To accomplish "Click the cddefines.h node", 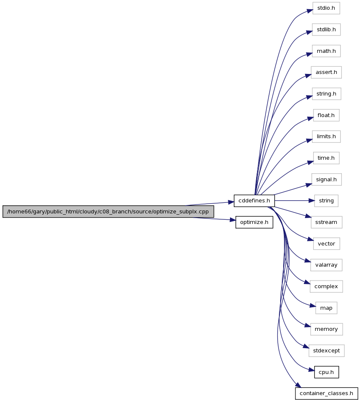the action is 254,201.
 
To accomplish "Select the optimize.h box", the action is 254,222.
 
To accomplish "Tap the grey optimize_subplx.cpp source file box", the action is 108,212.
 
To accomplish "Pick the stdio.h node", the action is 326,8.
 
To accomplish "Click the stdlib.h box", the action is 326,30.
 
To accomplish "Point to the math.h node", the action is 326,51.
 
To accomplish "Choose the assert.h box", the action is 326,72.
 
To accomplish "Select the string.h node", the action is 326,94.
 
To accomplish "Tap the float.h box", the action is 326,115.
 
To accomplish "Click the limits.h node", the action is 326,136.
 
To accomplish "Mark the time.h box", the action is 326,158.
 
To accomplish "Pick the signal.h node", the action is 326,180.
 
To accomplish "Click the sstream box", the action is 326,222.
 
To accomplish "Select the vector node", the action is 326,244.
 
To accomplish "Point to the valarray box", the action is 326,265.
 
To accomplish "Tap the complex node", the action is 326,286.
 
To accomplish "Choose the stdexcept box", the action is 326,351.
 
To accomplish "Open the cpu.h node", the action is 326,372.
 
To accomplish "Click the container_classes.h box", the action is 326,393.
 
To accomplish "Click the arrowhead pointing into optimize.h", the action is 233,220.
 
